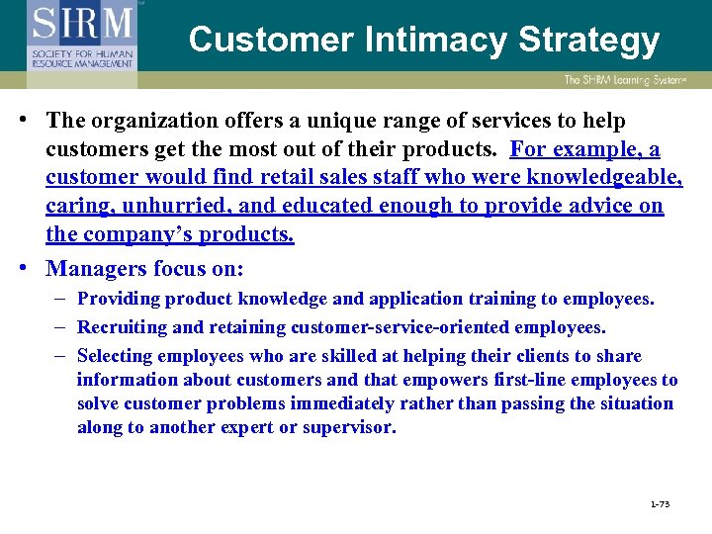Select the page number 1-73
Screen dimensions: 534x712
[660, 504]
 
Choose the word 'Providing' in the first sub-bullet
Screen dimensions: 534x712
[118, 299]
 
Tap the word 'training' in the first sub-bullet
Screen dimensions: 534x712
[470, 299]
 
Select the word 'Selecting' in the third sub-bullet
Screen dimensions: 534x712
[115, 356]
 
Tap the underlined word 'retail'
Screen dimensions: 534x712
[288, 178]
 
